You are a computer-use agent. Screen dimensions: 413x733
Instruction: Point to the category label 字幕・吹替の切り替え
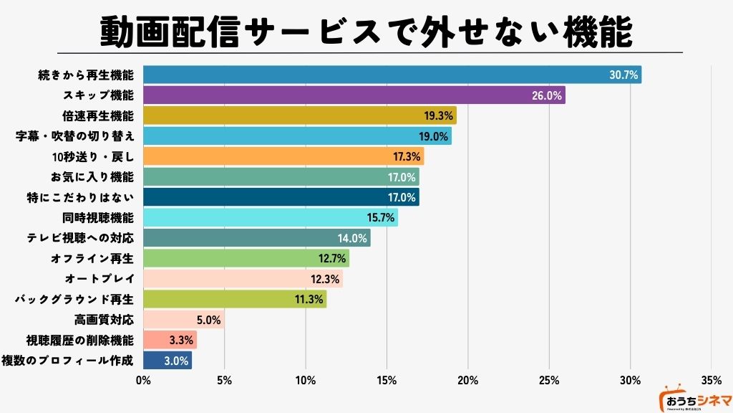(x=74, y=136)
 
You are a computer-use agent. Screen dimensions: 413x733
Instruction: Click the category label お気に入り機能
(x=94, y=176)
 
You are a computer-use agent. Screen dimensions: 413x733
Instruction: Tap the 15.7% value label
(x=380, y=217)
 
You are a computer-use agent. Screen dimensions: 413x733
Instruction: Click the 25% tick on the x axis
(x=548, y=379)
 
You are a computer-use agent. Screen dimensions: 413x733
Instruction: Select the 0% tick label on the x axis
(x=143, y=379)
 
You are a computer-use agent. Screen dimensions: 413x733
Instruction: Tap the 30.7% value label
(x=623, y=75)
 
